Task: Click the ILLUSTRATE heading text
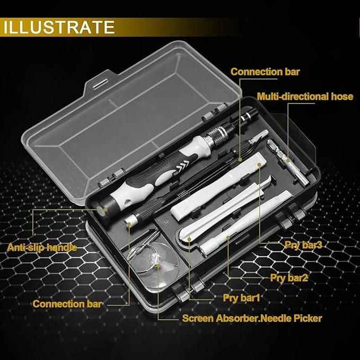pos(58,27)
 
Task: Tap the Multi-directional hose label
pos(305,96)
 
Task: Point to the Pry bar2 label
pos(289,277)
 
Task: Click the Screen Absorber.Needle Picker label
pos(252,319)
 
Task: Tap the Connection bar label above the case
pos(265,72)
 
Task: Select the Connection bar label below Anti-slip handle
pos(67,304)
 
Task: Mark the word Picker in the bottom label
pos(304,319)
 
